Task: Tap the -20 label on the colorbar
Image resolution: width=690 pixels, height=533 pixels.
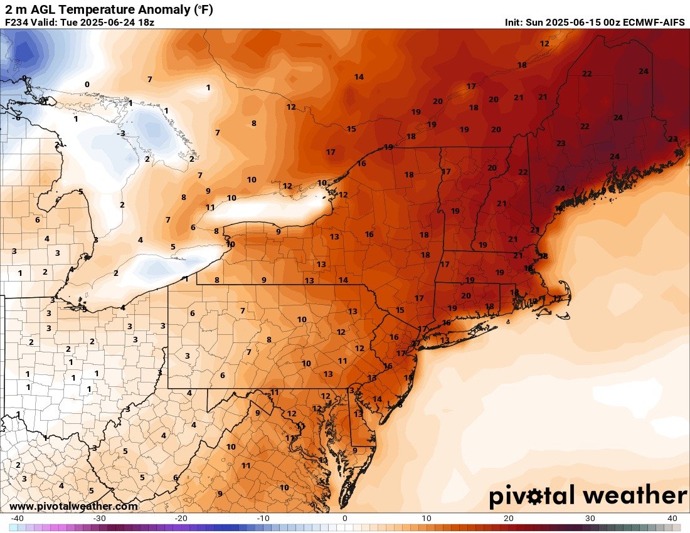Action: [181, 519]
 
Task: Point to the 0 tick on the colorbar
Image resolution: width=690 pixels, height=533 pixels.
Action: [345, 519]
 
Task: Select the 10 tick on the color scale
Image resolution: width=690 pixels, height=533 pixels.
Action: [427, 519]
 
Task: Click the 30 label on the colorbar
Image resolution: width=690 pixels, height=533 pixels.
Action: [591, 519]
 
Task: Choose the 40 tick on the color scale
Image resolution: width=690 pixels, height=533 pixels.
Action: [672, 519]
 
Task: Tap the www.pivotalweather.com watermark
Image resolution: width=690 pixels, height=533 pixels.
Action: [73, 507]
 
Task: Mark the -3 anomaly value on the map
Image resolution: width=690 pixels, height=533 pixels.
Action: [122, 133]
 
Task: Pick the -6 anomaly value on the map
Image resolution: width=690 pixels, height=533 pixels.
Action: [17, 118]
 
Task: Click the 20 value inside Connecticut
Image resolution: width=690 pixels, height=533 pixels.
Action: [466, 295]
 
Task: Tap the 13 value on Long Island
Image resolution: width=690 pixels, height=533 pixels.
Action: [445, 340]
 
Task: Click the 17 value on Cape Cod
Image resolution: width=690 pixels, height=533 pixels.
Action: [557, 299]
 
